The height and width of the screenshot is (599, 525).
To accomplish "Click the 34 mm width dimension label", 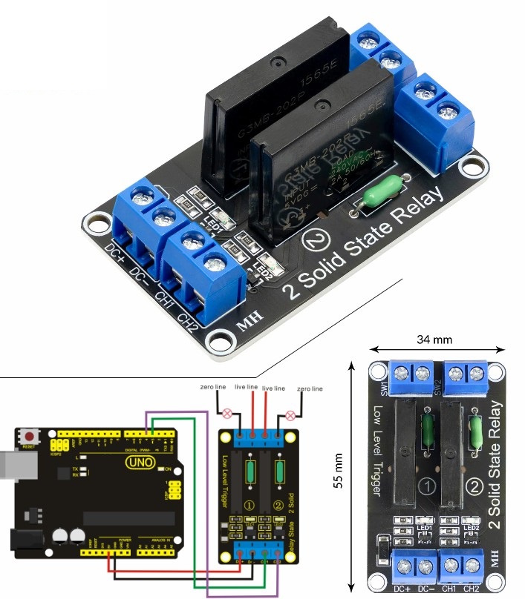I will pos(434,340).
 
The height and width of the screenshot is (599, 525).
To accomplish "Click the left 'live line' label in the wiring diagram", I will pos(246,388).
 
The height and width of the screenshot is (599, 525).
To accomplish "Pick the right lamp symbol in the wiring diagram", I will pos(290,413).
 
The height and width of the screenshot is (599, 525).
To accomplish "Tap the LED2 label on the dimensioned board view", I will pos(471,527).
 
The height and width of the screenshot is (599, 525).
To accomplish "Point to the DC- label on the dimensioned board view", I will pos(425,589).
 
